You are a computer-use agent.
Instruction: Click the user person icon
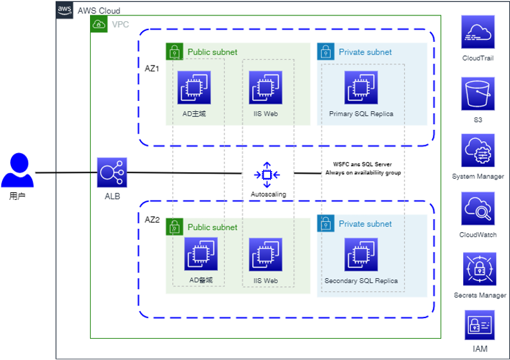tap(17, 172)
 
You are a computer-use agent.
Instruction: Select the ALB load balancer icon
tap(112, 173)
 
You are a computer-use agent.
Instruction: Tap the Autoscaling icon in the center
tap(268, 174)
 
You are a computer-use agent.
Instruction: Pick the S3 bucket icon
tap(478, 94)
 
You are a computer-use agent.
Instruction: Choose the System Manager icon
tap(478, 151)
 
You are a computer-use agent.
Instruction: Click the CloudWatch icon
tap(478, 209)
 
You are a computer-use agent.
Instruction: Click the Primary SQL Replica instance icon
tap(361, 87)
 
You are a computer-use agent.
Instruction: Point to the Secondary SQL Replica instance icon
tap(361, 255)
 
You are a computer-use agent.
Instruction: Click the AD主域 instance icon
tap(194, 87)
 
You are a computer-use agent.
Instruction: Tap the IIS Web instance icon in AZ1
tap(266, 87)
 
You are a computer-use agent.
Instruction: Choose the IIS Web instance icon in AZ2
tap(266, 254)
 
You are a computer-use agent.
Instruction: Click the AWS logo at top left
tap(65, 10)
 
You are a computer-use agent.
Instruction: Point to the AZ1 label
tap(152, 67)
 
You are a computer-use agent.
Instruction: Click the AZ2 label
tap(152, 219)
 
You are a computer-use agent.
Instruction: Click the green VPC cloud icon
tap(99, 24)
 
